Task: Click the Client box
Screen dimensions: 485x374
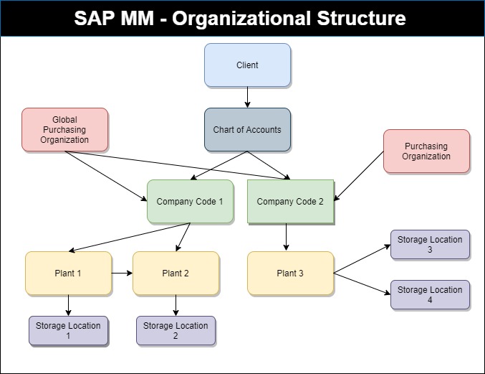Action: coord(247,65)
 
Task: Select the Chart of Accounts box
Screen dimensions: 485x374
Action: coord(247,129)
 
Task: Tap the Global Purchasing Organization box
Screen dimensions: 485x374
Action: coord(65,129)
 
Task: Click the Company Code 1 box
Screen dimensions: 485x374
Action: coord(191,202)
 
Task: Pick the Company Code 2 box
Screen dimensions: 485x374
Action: coord(290,202)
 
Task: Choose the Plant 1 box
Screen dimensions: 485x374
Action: coord(68,273)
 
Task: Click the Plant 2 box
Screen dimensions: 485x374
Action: coord(176,273)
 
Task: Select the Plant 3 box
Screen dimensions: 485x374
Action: coord(290,273)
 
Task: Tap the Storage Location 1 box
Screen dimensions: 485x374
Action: coord(68,331)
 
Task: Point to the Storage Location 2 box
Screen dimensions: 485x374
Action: coord(176,331)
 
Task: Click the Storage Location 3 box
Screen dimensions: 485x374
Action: coord(430,245)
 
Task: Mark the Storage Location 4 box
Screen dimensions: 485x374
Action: coord(430,294)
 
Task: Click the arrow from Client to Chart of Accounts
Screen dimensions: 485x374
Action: coord(247,98)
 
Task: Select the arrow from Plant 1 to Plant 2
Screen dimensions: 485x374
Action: coord(123,273)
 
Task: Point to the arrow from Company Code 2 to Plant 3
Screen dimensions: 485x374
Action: coord(286,237)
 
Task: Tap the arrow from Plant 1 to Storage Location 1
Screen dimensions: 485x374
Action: coord(68,305)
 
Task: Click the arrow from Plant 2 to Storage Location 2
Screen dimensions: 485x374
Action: coord(176,305)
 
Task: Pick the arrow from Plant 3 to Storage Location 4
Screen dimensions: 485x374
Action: coord(362,284)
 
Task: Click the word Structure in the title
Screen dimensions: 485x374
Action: coord(361,18)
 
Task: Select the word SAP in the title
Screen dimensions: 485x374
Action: coord(94,18)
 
